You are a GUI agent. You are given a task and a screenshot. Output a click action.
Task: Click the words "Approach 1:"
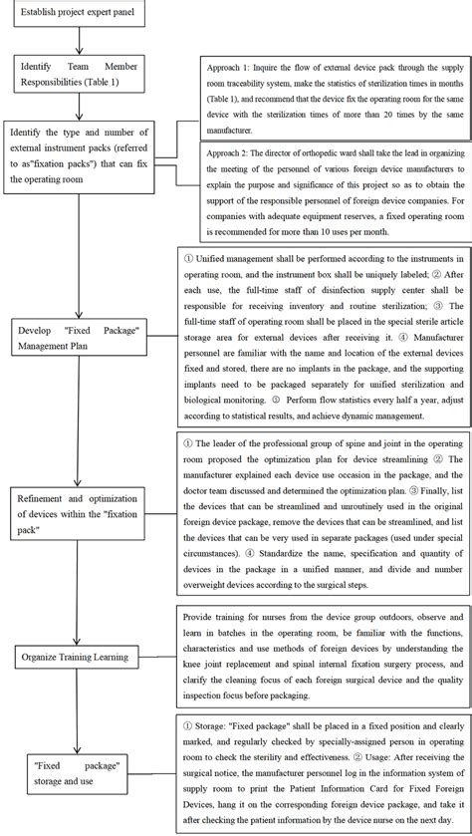click(x=230, y=66)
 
